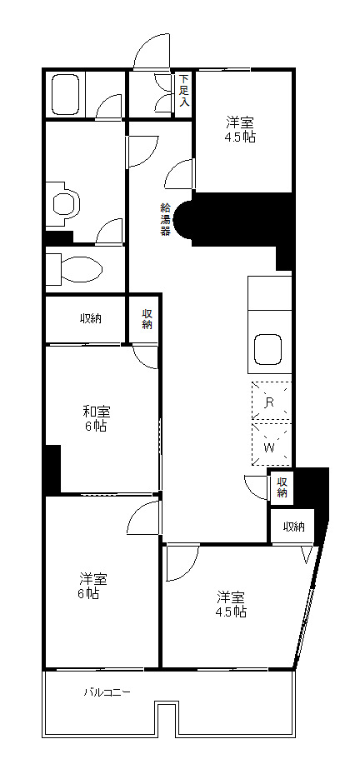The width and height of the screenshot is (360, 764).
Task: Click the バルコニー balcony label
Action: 107,692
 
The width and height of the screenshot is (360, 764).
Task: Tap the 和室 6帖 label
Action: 97,419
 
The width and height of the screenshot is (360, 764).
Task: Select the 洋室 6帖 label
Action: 93,587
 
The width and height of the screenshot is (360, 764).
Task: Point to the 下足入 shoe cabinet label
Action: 184,90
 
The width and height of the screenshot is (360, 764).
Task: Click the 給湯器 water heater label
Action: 166,219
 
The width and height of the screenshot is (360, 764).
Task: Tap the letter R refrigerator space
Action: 269,402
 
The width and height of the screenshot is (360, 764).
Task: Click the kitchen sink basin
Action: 268,349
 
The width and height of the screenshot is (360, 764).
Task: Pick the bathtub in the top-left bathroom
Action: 65,94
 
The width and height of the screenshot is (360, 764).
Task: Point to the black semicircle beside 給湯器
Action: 183,219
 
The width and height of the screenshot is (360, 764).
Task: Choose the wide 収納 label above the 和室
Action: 91,318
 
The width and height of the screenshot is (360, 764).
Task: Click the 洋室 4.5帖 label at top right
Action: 240,129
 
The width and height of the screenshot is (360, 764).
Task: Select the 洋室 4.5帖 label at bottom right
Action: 231,604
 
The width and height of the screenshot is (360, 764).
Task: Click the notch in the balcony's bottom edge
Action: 165,717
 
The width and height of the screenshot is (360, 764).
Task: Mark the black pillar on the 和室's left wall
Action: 53,468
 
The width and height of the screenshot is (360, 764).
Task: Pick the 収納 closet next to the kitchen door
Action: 282,487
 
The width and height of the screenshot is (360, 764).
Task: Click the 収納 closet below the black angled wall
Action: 293,527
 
